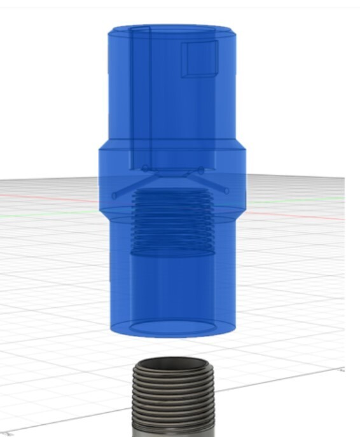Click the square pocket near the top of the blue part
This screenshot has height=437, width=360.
199,59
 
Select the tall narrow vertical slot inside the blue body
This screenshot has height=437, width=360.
140,95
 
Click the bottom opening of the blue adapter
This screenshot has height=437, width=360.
172,328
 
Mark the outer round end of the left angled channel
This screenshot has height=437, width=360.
114,196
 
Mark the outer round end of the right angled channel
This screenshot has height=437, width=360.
226,190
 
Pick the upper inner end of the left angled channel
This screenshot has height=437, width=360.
145,169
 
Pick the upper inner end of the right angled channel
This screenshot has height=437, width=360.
201,169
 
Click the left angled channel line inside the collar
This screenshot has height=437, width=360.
129,183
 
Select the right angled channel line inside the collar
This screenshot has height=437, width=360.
214,180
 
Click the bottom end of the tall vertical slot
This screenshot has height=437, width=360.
140,167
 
